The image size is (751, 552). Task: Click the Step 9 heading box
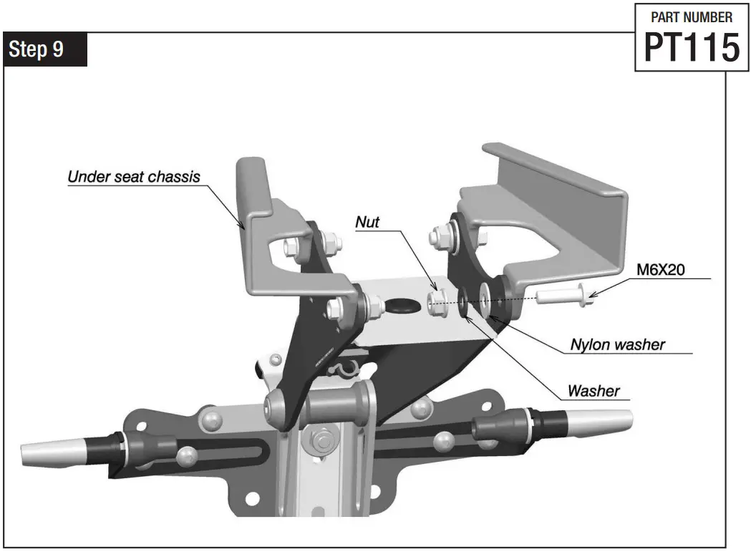46,49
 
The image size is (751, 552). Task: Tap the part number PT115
692,47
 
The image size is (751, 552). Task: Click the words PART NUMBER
692,17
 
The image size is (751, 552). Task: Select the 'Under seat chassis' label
134,176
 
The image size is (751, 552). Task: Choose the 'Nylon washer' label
617,344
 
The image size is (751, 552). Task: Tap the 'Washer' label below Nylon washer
593,391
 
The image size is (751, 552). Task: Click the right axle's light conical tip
602,422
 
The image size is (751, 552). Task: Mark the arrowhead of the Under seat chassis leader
245,228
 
